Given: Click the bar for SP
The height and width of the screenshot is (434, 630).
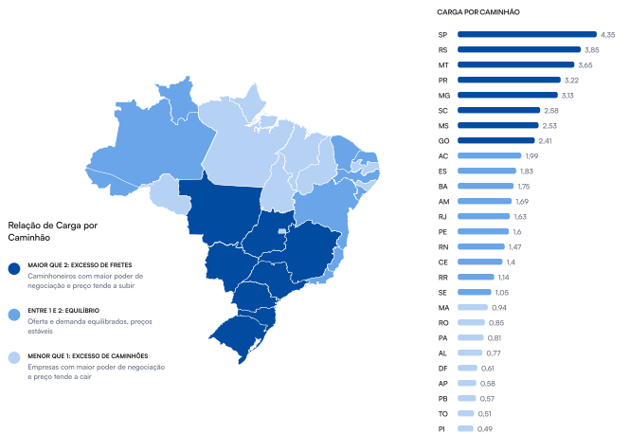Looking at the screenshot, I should point(527,34).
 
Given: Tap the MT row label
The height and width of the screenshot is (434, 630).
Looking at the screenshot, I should point(442,64).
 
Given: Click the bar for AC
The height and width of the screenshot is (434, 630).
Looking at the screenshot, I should point(489,155).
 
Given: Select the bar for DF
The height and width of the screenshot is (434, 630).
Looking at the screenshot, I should point(467,368).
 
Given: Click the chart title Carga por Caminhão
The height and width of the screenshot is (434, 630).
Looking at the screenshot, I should point(478,12).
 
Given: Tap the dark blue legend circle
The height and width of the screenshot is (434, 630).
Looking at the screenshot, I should point(14,268).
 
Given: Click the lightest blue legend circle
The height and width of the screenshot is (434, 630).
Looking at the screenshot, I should point(14,358).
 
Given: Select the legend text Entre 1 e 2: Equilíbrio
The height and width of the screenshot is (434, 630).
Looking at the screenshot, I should point(77,310).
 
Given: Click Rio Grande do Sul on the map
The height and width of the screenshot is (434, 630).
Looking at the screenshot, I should point(238,328).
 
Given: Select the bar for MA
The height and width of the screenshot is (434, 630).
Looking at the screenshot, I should point(472,307).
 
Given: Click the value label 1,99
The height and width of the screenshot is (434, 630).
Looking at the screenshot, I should point(532,155).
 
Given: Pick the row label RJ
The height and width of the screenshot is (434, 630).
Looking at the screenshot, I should point(442,216).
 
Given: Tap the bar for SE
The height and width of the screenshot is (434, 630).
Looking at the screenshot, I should point(474,292).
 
